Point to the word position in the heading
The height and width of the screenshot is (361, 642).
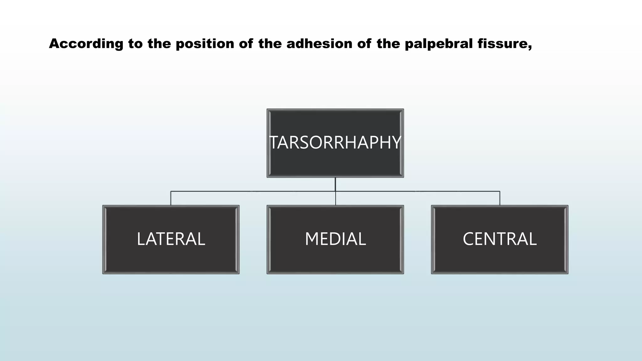(x=205, y=44)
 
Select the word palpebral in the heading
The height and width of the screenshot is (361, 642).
(x=439, y=44)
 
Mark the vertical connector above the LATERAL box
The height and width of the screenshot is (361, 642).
(x=171, y=198)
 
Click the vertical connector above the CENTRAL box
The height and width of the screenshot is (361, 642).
(x=500, y=198)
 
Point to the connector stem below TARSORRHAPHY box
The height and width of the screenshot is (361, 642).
(x=335, y=184)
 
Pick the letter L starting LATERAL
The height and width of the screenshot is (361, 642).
(x=141, y=239)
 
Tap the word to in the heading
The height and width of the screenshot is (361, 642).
(x=135, y=44)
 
